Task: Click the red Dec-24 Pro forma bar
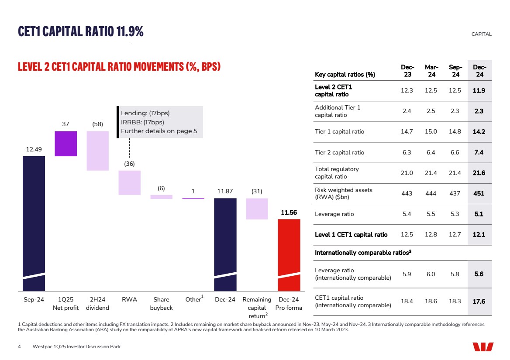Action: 289,255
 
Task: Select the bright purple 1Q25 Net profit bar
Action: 65,144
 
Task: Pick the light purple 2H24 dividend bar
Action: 97,151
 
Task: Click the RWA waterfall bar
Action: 130,182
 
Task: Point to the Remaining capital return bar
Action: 257,209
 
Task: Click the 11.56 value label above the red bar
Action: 289,213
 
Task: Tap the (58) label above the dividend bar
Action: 97,124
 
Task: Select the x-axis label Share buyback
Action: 162,304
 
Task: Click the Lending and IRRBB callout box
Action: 160,122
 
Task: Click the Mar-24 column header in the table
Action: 431,71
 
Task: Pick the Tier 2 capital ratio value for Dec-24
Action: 479,152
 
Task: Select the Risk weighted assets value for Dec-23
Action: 407,193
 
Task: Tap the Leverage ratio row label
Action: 334,214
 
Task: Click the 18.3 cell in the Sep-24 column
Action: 455,302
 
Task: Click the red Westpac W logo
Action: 483,346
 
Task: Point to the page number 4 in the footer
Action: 19,346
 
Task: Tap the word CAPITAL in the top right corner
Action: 482,34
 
